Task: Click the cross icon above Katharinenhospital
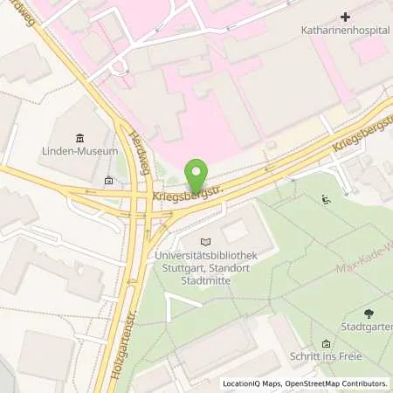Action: [345, 16]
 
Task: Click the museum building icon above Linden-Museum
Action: [79, 138]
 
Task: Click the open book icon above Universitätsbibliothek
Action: [205, 242]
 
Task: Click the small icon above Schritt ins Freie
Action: [326, 344]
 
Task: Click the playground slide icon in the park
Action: [326, 200]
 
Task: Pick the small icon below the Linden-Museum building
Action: [108, 181]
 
